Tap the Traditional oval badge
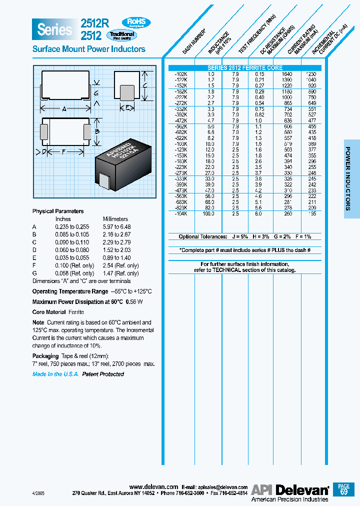pos(136,35)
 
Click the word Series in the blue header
pos(54,29)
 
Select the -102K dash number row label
pos(181,73)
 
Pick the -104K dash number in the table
pos(181,213)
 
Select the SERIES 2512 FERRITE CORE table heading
pos(245,68)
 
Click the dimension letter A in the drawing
pos(64,108)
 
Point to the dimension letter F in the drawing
pos(63,151)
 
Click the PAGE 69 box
pos(344,488)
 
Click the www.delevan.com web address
pos(153,486)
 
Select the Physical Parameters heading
pos(58,211)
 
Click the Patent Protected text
pos(103,374)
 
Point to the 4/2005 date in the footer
pos(38,492)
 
